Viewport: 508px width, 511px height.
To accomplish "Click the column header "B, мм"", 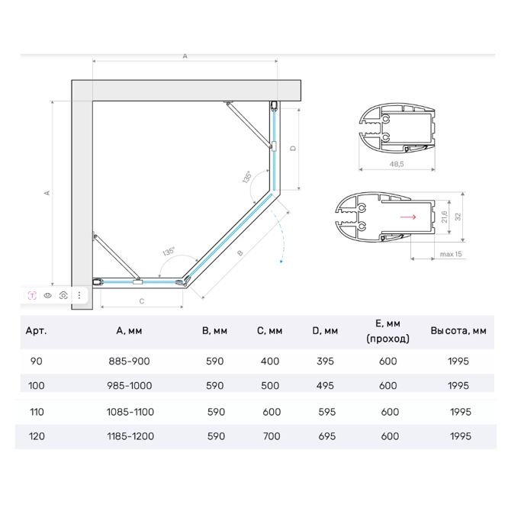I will tap(215, 330).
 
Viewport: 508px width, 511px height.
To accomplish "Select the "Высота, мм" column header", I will tap(458, 330).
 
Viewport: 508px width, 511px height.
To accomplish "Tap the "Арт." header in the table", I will tap(36, 330).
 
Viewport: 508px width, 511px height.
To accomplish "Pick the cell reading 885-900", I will tap(130, 361).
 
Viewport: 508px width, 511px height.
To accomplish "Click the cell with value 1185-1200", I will tap(130, 436).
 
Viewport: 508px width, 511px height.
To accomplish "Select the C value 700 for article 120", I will tap(270, 436).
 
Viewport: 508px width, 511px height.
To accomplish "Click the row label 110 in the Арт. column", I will tap(36, 412).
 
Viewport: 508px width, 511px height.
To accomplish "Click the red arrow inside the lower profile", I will tap(407, 217).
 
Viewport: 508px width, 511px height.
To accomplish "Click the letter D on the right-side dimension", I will tap(293, 148).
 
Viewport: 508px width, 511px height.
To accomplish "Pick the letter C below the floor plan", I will tap(142, 301).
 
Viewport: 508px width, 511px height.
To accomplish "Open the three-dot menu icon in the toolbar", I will tap(79, 294).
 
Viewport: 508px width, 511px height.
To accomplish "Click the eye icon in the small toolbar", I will tap(47, 294).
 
